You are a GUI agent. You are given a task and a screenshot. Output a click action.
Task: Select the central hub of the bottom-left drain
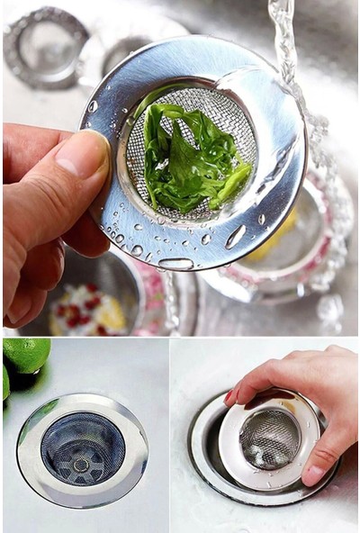(x=83, y=465)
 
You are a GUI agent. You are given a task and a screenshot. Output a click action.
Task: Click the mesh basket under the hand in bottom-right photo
(x=268, y=438)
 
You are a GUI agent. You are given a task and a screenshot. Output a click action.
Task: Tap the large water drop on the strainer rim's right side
(x=236, y=237)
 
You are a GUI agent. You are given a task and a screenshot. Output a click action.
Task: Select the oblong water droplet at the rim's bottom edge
(x=175, y=264)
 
